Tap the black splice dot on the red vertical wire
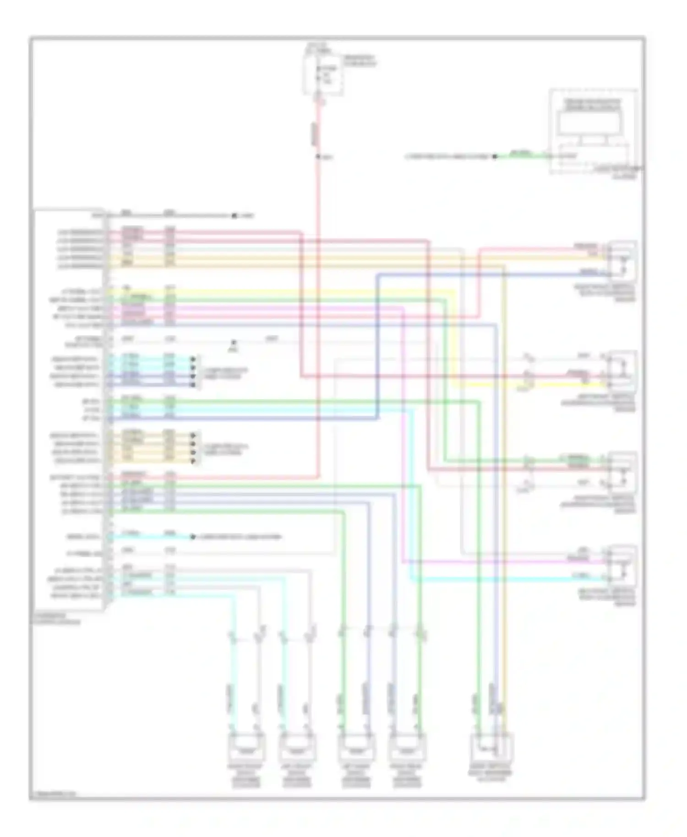click(x=318, y=157)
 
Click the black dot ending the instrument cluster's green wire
click(x=495, y=157)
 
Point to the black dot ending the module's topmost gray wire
click(x=234, y=215)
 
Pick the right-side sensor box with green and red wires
click(x=622, y=472)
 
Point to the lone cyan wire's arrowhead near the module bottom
click(x=193, y=537)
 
